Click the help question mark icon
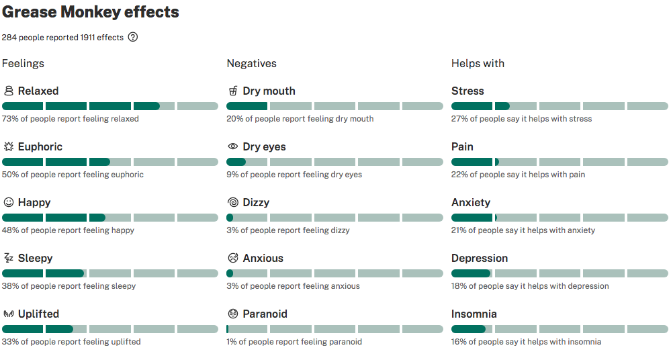133,38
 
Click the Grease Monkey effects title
91,12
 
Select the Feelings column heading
23,63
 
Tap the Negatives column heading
251,63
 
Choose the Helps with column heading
478,63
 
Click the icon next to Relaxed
9,91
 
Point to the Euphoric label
40,146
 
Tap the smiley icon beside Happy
9,202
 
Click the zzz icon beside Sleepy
9,258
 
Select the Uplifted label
38,314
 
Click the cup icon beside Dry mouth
233,91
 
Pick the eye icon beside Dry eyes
233,146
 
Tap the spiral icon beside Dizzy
233,202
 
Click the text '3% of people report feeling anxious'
293,286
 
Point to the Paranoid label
265,314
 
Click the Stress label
467,91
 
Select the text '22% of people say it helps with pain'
518,175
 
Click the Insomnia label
474,314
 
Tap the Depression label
480,258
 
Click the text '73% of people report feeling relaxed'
71,119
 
